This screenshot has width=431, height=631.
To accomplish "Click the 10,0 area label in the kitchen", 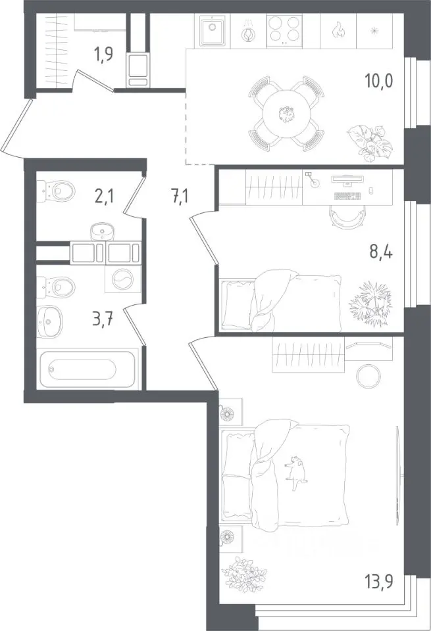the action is [378, 82].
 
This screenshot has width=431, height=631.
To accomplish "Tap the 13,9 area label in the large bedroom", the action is [380, 580].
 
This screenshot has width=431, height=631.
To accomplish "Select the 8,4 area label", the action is [381, 253].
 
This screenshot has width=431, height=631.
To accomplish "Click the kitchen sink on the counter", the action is [212, 31].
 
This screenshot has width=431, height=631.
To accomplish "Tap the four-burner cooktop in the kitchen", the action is [284, 29].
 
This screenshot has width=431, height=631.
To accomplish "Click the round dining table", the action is [287, 114].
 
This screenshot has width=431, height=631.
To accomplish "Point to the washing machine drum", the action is [122, 279].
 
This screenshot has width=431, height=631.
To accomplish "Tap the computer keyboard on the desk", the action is [347, 196].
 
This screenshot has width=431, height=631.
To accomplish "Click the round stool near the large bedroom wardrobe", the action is [368, 375].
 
